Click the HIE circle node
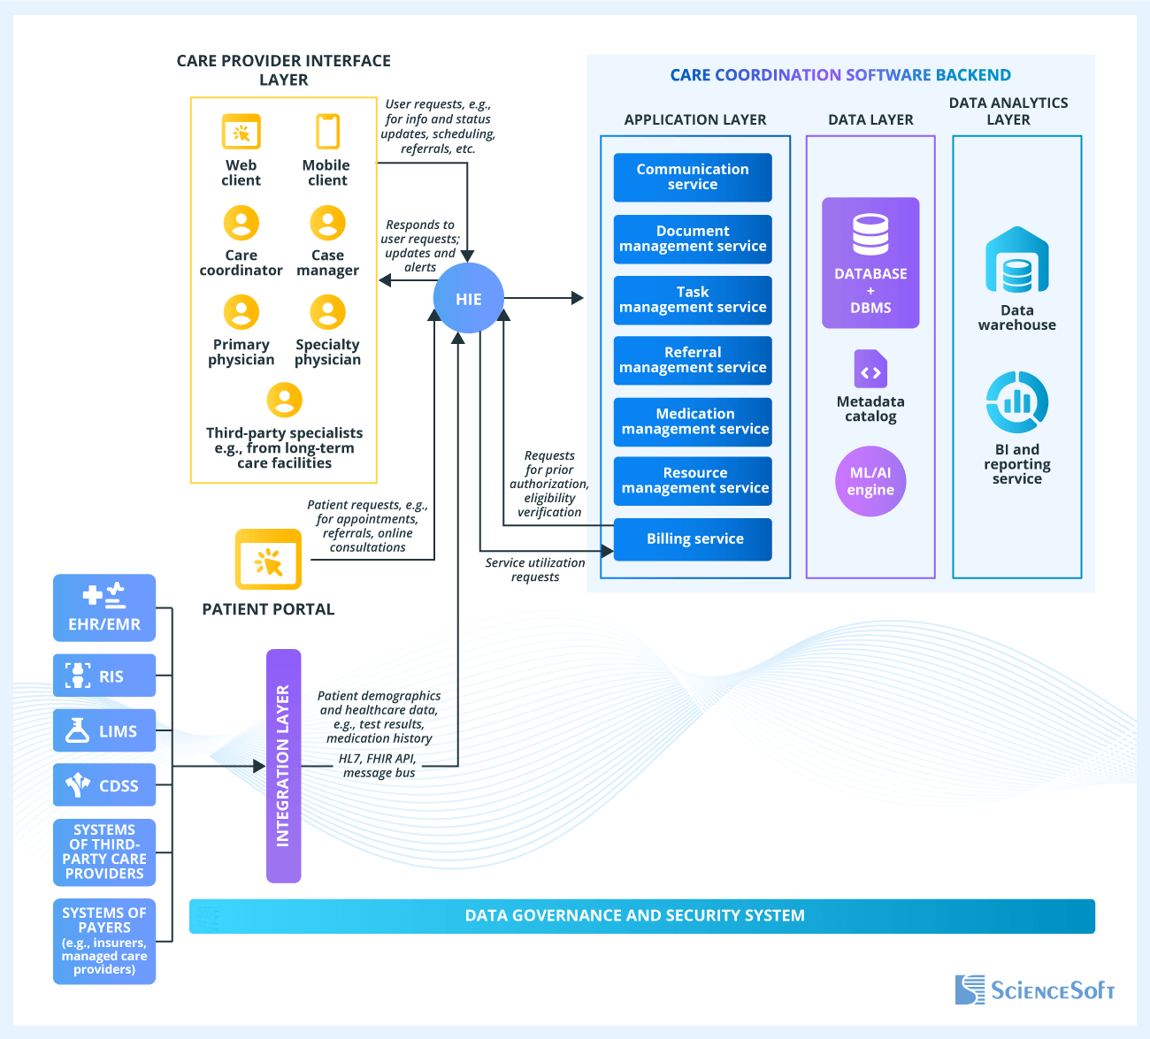(468, 299)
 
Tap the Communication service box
(693, 177)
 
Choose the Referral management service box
(693, 360)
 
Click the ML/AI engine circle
(870, 481)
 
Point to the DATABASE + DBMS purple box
(870, 263)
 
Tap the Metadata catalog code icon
(870, 369)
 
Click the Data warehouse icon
(1016, 261)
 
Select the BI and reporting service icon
(1016, 402)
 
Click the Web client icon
(241, 133)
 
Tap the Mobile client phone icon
(327, 132)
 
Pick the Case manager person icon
(327, 224)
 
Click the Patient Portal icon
(268, 560)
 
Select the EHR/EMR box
(104, 608)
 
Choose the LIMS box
(104, 730)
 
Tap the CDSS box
(104, 785)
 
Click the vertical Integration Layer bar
(283, 766)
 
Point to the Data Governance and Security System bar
(641, 916)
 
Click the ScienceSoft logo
(1034, 989)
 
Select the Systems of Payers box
(104, 941)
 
